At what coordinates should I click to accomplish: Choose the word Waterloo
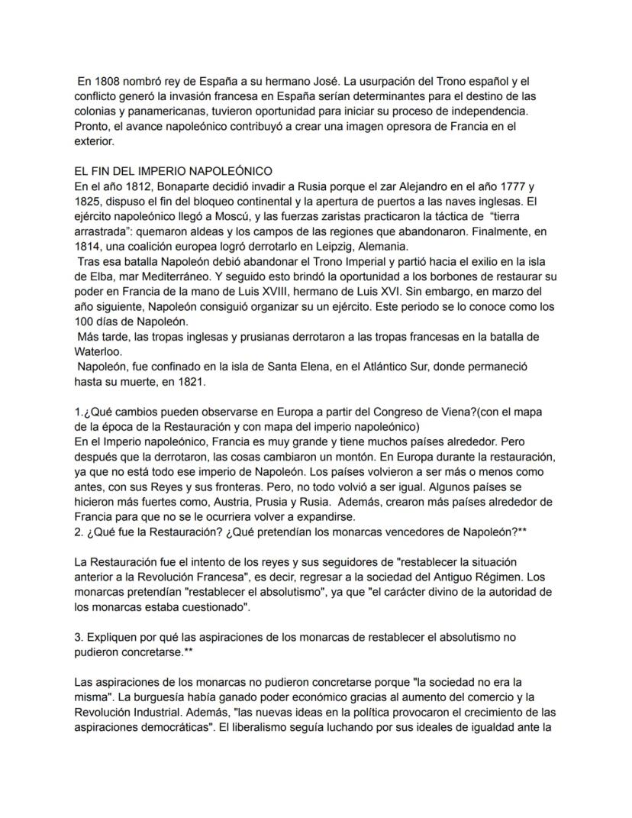tap(97, 351)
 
